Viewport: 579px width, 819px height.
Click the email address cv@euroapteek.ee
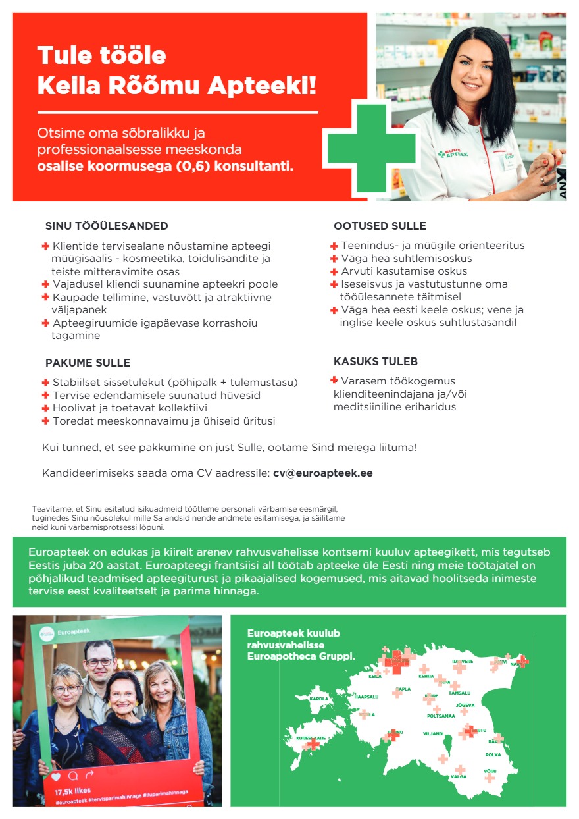[322, 473]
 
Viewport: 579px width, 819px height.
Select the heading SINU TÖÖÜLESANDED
[107, 226]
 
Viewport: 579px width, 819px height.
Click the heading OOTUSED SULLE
[380, 226]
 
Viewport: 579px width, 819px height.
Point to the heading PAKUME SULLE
[88, 363]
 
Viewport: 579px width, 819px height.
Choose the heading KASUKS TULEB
[376, 361]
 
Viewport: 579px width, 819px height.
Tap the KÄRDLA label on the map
[319, 699]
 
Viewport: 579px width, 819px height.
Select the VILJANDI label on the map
[433, 733]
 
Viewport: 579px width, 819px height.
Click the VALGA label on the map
[459, 777]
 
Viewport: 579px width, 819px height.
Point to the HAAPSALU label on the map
[366, 697]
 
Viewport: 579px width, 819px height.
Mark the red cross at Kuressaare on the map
[312, 745]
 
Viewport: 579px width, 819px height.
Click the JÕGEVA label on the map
[465, 705]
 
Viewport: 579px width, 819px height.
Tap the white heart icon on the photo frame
[56, 776]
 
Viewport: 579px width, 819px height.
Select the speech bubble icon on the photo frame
[72, 776]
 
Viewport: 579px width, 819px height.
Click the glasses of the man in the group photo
[99, 662]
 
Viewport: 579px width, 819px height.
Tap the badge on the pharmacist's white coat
[508, 161]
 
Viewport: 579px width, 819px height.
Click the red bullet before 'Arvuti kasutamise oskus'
[334, 271]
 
